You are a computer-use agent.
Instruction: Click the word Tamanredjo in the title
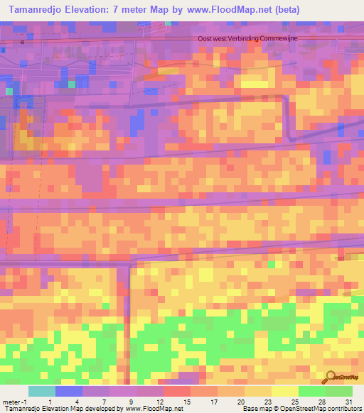(x=36, y=10)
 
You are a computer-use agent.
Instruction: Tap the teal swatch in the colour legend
(x=41, y=392)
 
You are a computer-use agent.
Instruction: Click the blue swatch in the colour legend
(x=69, y=392)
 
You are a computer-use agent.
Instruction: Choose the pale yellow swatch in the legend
(x=285, y=392)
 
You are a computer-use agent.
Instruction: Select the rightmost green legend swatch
(x=339, y=392)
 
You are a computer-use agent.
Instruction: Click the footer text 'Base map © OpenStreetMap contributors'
(x=301, y=408)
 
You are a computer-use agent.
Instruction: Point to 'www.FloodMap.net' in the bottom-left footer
(x=149, y=408)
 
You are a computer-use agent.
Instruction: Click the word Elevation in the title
(x=90, y=10)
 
